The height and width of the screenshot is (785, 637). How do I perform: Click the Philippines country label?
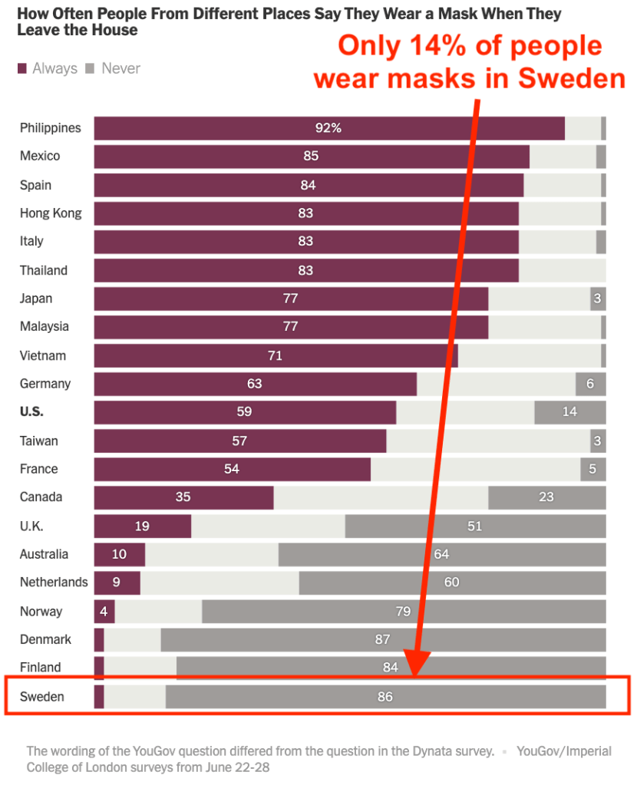point(50,128)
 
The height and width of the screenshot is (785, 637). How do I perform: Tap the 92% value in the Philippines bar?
point(328,128)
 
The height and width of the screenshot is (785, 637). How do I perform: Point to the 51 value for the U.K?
point(474,526)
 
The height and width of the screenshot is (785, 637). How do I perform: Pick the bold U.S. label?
point(31,412)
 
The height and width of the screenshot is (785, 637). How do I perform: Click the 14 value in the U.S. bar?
point(569,412)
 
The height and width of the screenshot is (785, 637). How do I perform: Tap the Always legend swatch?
point(22,69)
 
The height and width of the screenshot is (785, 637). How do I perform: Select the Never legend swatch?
point(89,69)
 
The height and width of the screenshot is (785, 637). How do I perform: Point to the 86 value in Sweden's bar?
point(385,697)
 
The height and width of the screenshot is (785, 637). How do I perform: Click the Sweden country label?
point(42,697)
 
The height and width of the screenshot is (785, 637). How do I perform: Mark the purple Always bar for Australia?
point(120,554)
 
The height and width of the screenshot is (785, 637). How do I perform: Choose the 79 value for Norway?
point(403,612)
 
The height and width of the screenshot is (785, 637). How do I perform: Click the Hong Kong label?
point(51,213)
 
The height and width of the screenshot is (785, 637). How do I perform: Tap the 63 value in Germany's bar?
point(255,384)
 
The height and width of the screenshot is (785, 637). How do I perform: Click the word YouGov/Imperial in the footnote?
point(564,751)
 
